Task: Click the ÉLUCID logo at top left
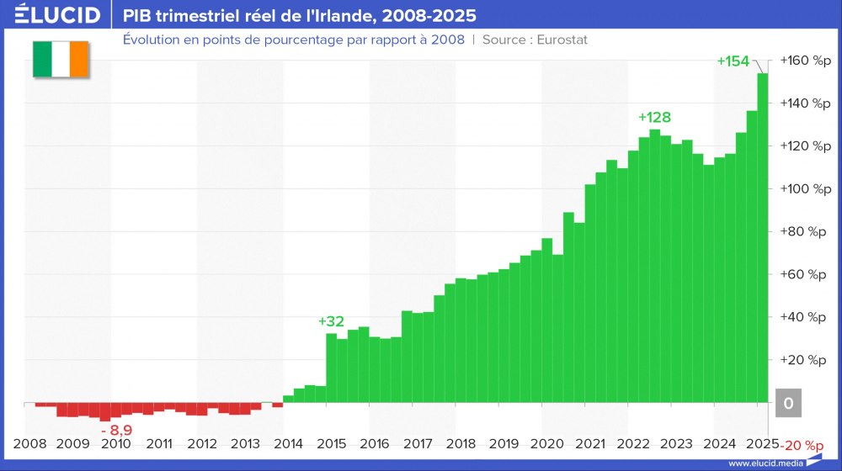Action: [58, 15]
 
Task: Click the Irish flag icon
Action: [60, 58]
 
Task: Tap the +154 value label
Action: [733, 61]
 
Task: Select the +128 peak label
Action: [654, 117]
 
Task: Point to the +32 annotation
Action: [331, 321]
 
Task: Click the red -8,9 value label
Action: [116, 431]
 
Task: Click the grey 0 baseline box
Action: [788, 404]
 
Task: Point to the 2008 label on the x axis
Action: [30, 443]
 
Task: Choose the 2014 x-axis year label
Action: [288, 443]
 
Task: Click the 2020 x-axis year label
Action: [546, 443]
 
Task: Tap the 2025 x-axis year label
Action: [761, 443]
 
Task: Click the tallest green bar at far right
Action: [762, 235]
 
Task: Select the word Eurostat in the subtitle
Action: [557, 40]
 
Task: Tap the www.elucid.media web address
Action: [765, 463]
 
